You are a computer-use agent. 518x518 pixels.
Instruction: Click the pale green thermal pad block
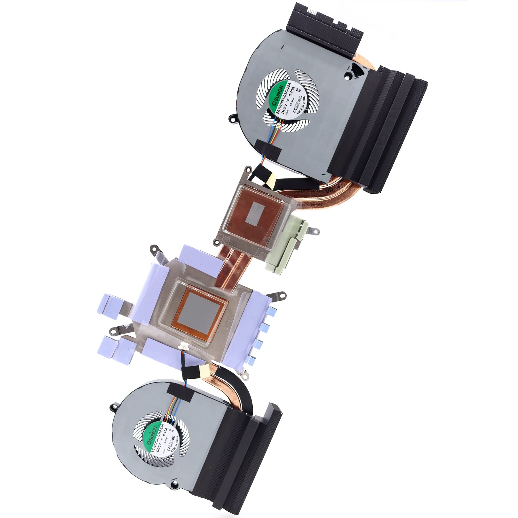tap(285, 245)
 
